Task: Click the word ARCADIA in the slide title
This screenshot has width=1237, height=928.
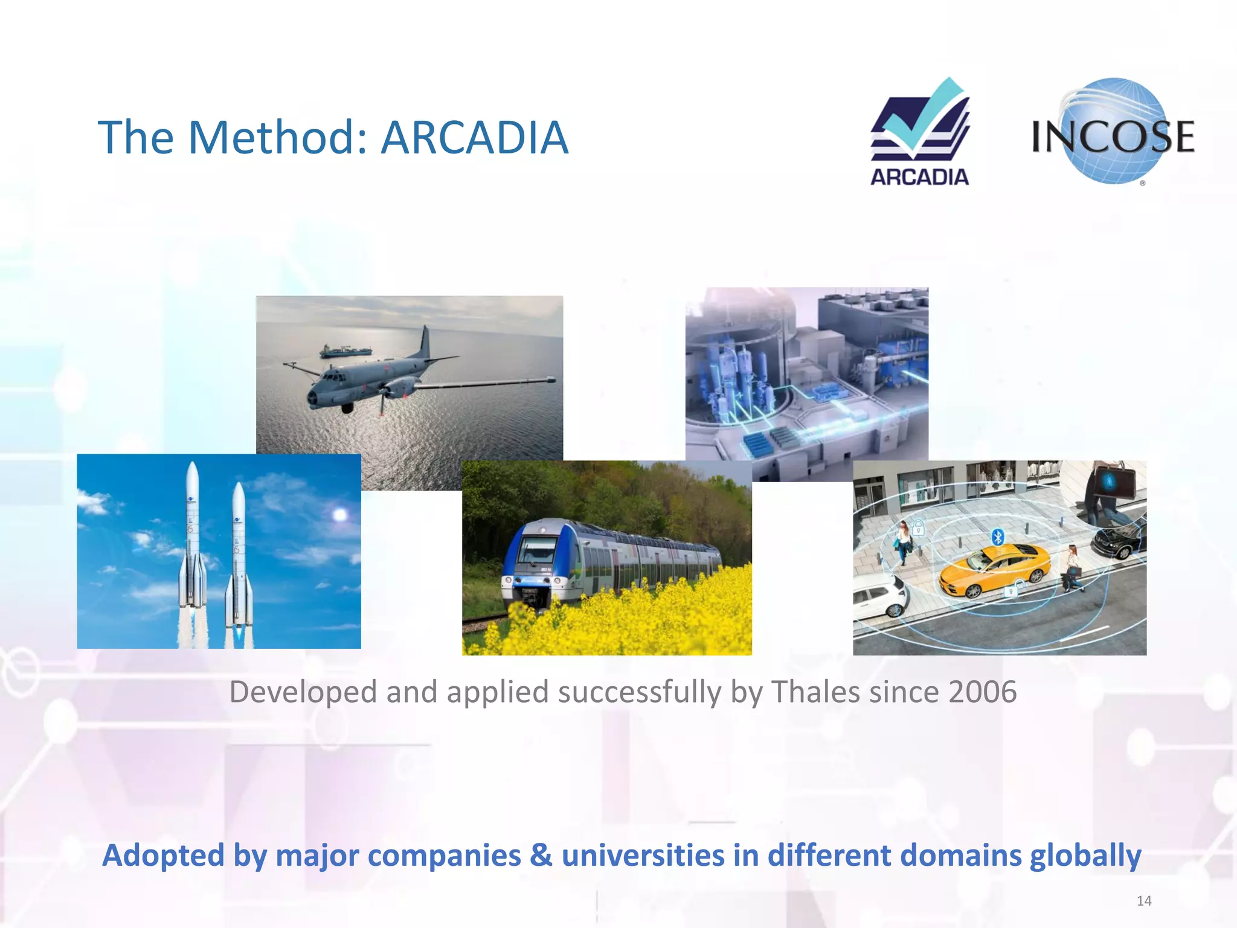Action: (475, 138)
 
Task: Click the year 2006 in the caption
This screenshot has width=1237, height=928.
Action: (982, 692)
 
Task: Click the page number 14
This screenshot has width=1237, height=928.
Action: (1143, 901)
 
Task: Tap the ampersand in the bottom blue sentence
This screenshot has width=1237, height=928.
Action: (541, 855)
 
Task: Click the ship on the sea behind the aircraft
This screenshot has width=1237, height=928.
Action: (345, 351)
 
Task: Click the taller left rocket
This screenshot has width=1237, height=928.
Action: (192, 538)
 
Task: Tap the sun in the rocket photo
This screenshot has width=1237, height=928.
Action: (340, 514)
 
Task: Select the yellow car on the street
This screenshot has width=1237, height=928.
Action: (994, 569)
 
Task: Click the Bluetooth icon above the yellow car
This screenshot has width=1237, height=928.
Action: (998, 536)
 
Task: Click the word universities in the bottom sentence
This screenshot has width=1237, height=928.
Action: (643, 855)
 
